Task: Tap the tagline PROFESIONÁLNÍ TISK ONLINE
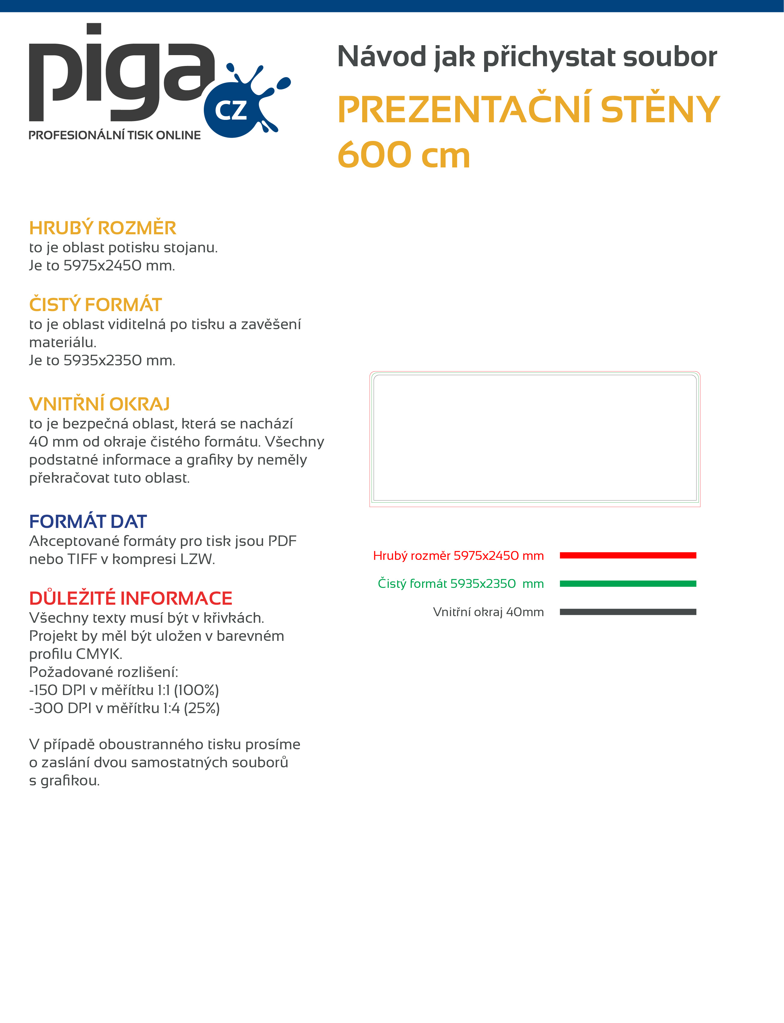click(x=114, y=135)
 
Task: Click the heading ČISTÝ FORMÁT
click(x=95, y=305)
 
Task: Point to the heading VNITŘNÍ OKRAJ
click(x=99, y=404)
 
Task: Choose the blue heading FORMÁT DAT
click(x=88, y=521)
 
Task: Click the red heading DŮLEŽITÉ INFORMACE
click(x=131, y=598)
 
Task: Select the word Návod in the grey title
click(x=381, y=57)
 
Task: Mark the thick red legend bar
click(x=628, y=555)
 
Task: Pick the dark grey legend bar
click(x=628, y=612)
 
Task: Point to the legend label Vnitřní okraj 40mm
click(x=488, y=612)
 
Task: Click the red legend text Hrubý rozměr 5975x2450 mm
click(x=458, y=555)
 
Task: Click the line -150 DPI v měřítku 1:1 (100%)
click(x=124, y=690)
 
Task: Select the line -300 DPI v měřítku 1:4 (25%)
click(x=124, y=708)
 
